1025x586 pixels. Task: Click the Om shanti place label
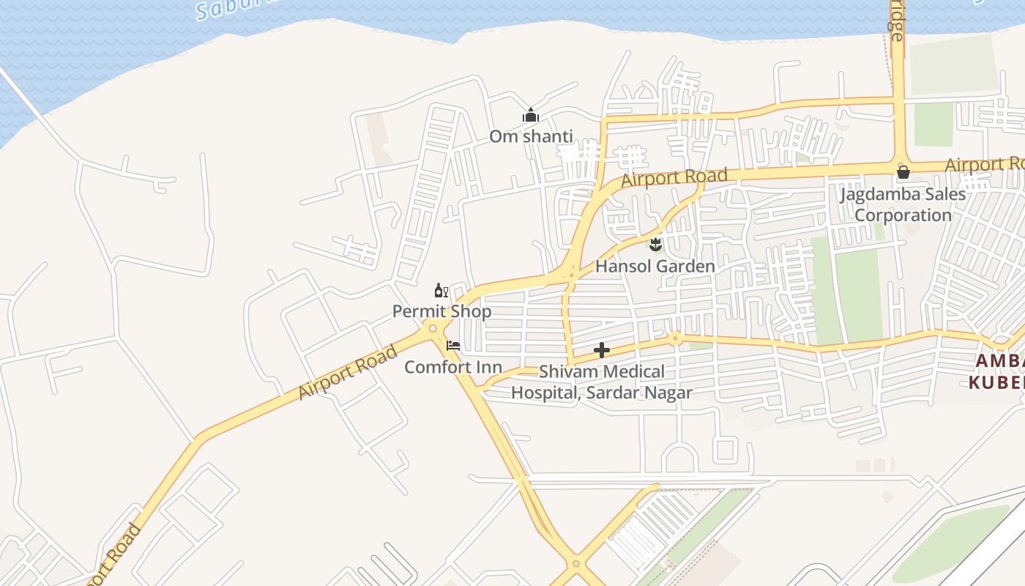(x=531, y=136)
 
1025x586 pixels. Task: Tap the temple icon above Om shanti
(x=531, y=116)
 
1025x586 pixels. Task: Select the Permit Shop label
(x=441, y=311)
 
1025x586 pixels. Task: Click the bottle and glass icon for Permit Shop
(x=441, y=291)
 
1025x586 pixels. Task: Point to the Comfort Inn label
(x=453, y=367)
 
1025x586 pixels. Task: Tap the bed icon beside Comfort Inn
(x=453, y=345)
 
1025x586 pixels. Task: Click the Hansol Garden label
(x=655, y=266)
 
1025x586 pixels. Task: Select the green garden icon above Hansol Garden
(x=655, y=244)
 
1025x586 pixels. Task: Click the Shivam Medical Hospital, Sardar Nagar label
(x=601, y=382)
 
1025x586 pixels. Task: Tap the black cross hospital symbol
(x=602, y=350)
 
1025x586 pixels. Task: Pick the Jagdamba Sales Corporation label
(x=903, y=205)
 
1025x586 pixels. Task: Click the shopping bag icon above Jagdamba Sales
(x=903, y=172)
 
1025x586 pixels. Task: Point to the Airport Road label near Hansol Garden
(x=674, y=178)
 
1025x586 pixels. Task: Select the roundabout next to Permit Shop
(x=433, y=328)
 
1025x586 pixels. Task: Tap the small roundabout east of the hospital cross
(x=674, y=338)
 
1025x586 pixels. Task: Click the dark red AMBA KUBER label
(x=997, y=372)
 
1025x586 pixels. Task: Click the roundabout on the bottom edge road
(x=575, y=564)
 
